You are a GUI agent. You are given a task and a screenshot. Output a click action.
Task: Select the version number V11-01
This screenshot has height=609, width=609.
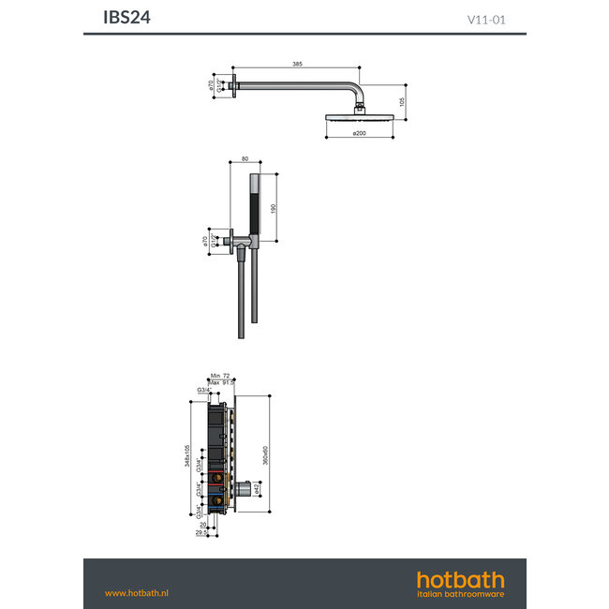pyautogui.click(x=486, y=18)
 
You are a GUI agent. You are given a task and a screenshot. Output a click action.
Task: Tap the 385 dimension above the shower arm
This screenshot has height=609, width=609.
pyautogui.click(x=297, y=64)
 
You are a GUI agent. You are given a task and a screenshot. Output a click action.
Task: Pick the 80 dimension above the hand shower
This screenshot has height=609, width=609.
pyautogui.click(x=245, y=158)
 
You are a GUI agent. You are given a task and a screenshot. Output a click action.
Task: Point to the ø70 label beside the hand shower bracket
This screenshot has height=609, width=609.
pyautogui.click(x=204, y=242)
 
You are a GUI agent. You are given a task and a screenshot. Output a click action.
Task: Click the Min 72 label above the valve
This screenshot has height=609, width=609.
pyautogui.click(x=220, y=374)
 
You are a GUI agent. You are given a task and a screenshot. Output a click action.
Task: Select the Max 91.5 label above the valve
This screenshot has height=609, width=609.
pyautogui.click(x=221, y=381)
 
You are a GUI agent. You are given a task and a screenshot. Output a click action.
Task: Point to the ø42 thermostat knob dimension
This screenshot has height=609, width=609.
pyautogui.click(x=258, y=488)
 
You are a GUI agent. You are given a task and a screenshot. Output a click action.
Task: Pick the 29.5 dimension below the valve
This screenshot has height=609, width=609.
pyautogui.click(x=201, y=533)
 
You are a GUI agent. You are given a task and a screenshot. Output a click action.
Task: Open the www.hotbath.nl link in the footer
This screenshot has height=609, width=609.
pyautogui.click(x=137, y=593)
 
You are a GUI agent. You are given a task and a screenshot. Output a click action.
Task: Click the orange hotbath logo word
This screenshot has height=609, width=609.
pyautogui.click(x=460, y=579)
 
